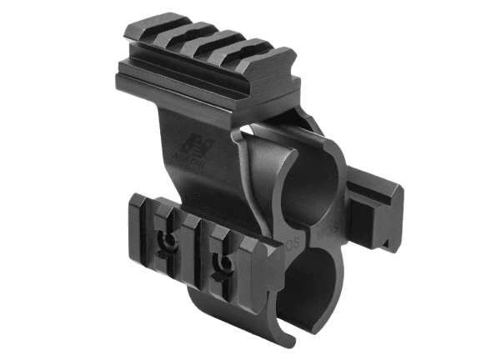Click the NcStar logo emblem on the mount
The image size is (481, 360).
(203, 144)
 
